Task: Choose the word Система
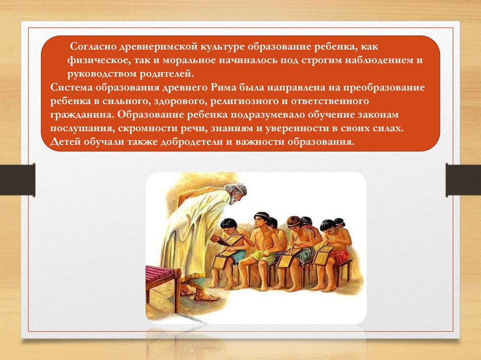[71, 87]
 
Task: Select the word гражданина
[82, 115]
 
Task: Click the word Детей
[64, 142]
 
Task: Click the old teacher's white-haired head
[235, 192]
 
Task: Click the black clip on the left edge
[17, 180]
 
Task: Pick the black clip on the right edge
[463, 180]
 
